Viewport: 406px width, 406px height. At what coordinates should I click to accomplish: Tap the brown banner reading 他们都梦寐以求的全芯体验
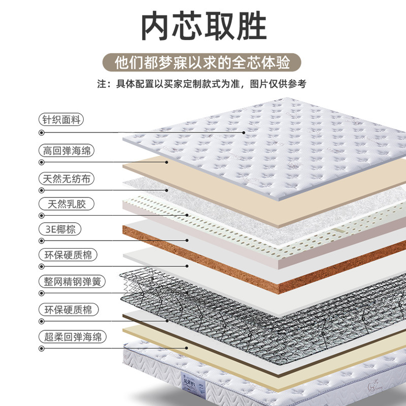203,63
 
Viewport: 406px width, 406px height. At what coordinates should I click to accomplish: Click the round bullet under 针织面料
41,133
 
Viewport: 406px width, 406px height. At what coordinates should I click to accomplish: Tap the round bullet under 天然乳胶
41,215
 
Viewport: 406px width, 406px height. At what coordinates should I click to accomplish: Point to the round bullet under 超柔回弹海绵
41,349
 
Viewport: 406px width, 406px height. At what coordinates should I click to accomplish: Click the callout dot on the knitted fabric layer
244,133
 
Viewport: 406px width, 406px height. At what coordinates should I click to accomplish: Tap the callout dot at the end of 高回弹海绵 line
166,162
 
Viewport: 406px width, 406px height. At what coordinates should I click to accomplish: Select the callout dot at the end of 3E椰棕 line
187,240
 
